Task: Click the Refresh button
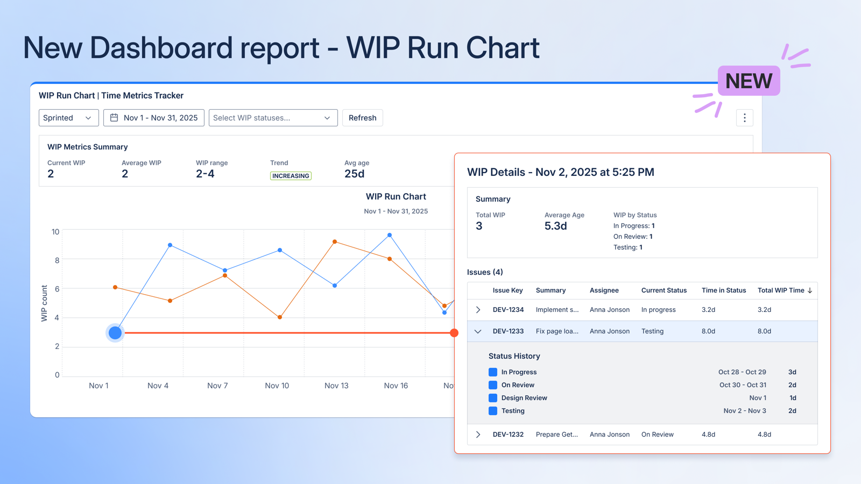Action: click(x=362, y=118)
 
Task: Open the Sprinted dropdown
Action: click(x=68, y=118)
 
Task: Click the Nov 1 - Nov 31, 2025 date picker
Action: click(x=154, y=118)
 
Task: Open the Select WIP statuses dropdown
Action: click(x=273, y=118)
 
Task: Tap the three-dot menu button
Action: click(x=744, y=118)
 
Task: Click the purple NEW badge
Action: click(x=749, y=81)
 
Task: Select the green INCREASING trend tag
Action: click(x=291, y=176)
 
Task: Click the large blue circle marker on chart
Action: click(x=115, y=333)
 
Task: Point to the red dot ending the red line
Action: click(x=454, y=333)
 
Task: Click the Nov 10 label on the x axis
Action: click(x=277, y=386)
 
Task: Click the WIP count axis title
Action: click(x=44, y=303)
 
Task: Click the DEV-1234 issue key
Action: click(x=508, y=310)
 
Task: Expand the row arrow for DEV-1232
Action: click(x=478, y=435)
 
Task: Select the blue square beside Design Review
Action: click(x=492, y=398)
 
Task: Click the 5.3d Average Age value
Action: click(x=555, y=226)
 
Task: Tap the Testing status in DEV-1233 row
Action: click(x=652, y=331)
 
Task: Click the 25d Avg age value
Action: click(x=354, y=174)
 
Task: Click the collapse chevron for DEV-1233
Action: click(x=478, y=331)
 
